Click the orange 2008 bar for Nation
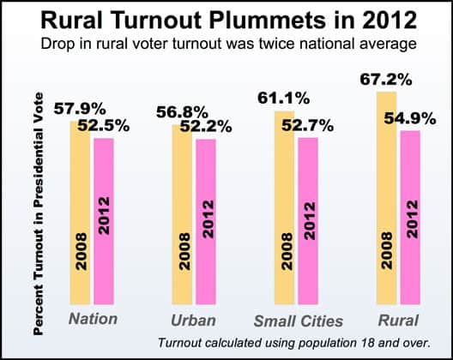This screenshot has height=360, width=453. (81, 214)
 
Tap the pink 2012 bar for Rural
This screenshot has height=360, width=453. (410, 218)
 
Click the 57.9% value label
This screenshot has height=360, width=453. (80, 111)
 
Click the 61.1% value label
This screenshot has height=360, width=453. (284, 99)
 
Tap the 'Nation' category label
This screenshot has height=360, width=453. (93, 320)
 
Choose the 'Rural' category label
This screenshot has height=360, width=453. (398, 320)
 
